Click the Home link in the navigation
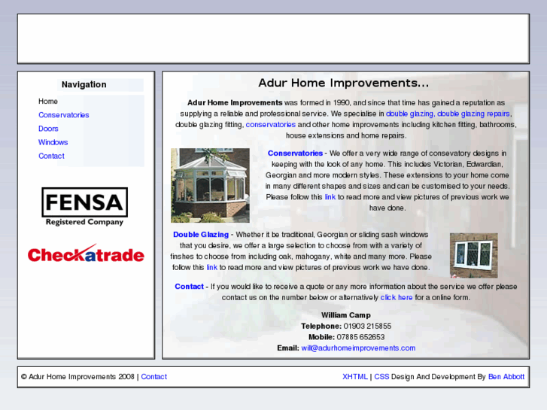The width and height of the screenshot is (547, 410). click(48, 102)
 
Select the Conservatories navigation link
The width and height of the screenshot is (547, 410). click(64, 115)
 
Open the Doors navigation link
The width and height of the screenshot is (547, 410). click(48, 129)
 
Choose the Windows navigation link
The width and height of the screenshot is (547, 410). click(53, 142)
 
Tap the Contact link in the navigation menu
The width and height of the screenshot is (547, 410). click(51, 156)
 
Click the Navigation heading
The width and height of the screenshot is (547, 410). click(84, 85)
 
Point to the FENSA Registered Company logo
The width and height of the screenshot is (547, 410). click(84, 207)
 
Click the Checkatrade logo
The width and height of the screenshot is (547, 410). click(86, 254)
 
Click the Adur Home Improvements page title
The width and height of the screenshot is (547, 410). click(343, 83)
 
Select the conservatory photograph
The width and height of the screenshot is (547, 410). click(210, 185)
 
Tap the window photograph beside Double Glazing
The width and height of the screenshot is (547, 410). click(473, 255)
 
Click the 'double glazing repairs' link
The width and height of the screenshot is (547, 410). click(474, 114)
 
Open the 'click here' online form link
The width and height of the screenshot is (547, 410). click(397, 297)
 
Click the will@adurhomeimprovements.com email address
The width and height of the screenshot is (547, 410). click(358, 348)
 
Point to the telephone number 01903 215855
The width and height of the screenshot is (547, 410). click(367, 326)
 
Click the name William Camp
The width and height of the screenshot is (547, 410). click(345, 315)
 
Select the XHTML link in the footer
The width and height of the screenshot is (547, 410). click(354, 377)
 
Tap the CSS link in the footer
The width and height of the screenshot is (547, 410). click(381, 377)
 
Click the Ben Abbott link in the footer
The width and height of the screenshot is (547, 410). click(506, 377)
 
